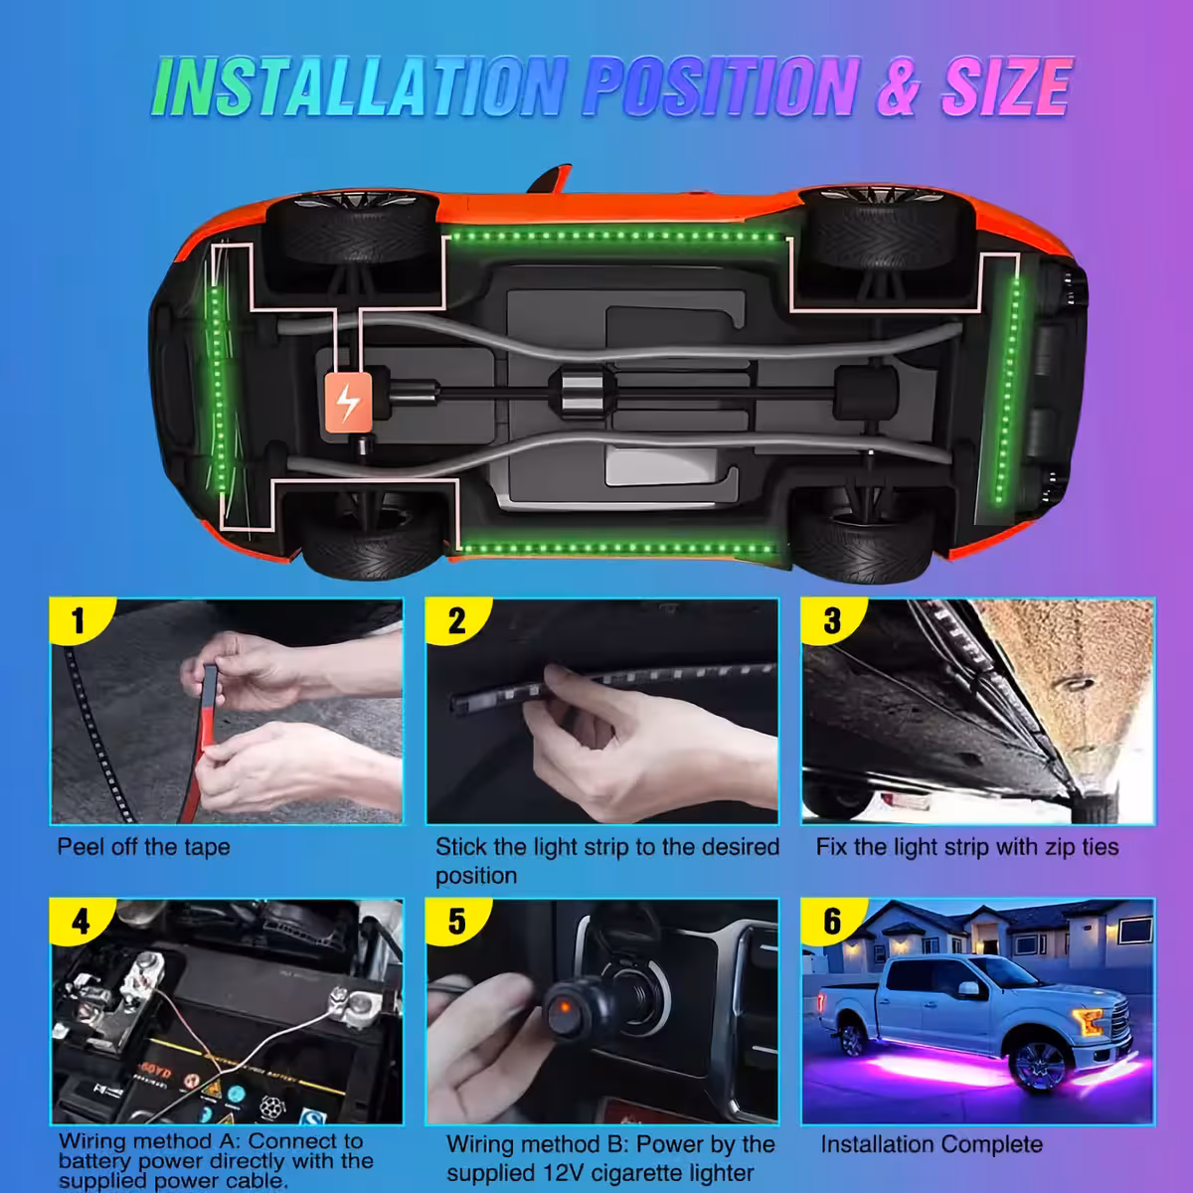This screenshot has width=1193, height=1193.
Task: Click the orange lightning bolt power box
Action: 347,403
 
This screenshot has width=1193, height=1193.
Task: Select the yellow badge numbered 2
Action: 456,621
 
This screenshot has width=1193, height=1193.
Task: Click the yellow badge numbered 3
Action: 832,621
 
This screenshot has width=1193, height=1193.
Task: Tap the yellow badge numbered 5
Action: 456,922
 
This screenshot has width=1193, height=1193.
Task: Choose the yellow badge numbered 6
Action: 832,922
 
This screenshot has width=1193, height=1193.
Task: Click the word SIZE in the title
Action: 1004,87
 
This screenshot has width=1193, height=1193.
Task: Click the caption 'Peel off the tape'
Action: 143,847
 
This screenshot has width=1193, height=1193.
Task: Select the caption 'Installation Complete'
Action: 932,1144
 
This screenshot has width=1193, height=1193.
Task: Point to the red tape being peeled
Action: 198,736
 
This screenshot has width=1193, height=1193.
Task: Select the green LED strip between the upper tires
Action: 611,237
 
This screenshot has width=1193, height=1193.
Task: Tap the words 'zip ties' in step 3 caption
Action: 1076,847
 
